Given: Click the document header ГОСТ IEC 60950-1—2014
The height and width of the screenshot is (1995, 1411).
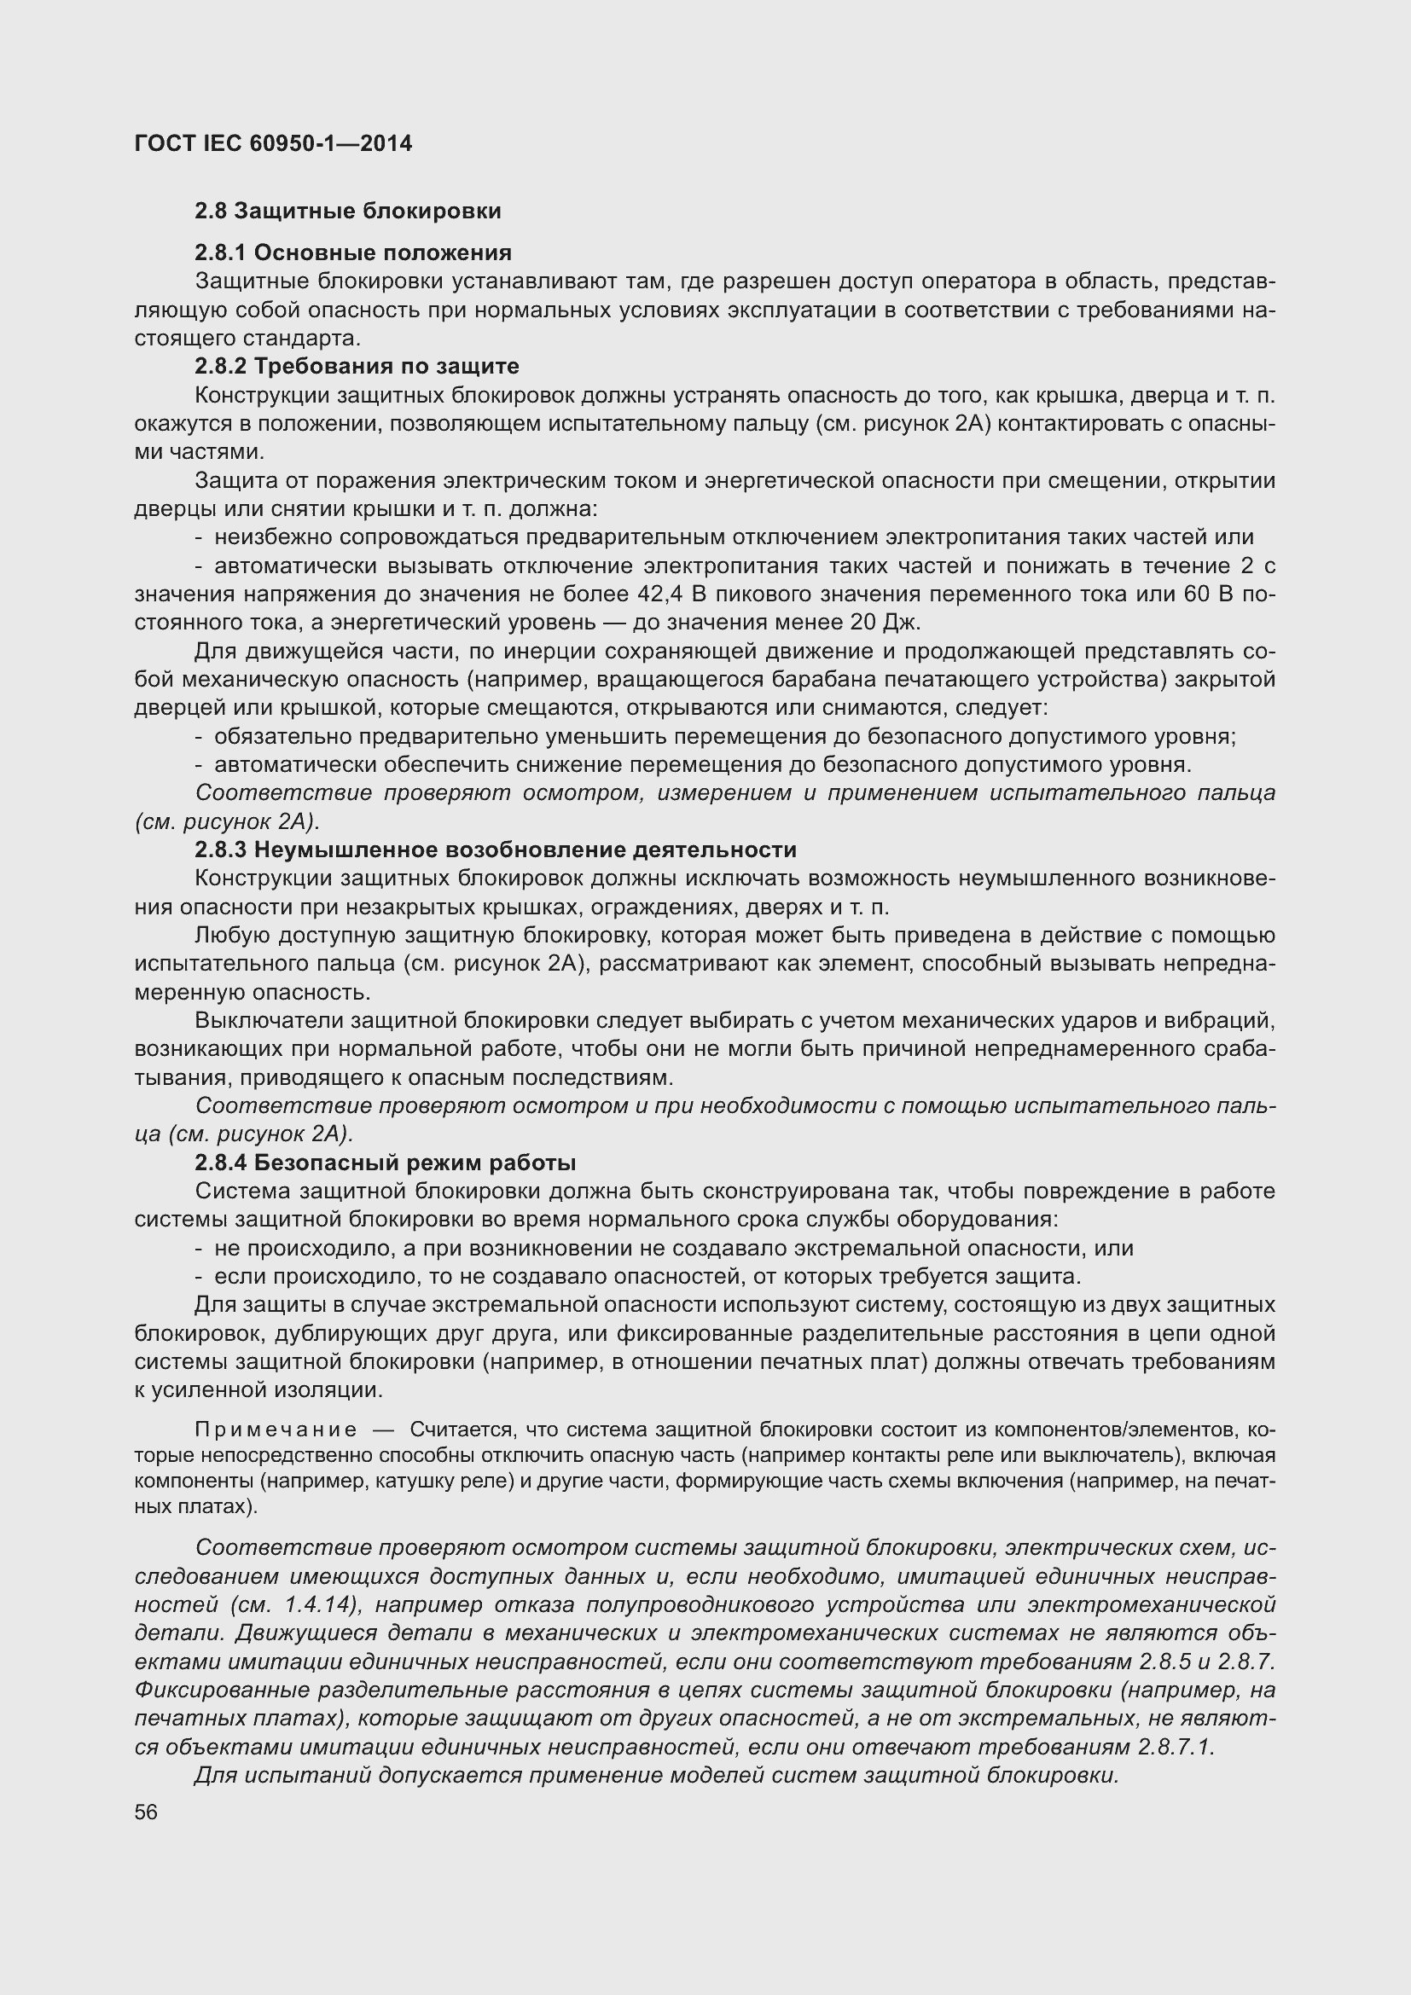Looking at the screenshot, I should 273,143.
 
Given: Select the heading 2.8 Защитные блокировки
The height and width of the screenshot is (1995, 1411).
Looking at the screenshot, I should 347,212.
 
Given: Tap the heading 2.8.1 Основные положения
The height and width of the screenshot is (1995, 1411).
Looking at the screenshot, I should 353,252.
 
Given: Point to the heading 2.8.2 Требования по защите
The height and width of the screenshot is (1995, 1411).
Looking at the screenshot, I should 357,366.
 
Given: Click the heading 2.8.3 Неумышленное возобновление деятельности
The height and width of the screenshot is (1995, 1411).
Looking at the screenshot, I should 496,850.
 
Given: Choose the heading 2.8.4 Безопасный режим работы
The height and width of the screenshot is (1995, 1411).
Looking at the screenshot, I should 385,1163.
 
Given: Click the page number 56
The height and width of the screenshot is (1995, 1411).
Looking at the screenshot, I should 146,1812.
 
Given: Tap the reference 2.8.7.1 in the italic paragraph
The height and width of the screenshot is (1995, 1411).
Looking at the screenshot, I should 1175,1748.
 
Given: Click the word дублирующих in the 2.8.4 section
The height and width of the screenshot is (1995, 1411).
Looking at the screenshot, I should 310,1334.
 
